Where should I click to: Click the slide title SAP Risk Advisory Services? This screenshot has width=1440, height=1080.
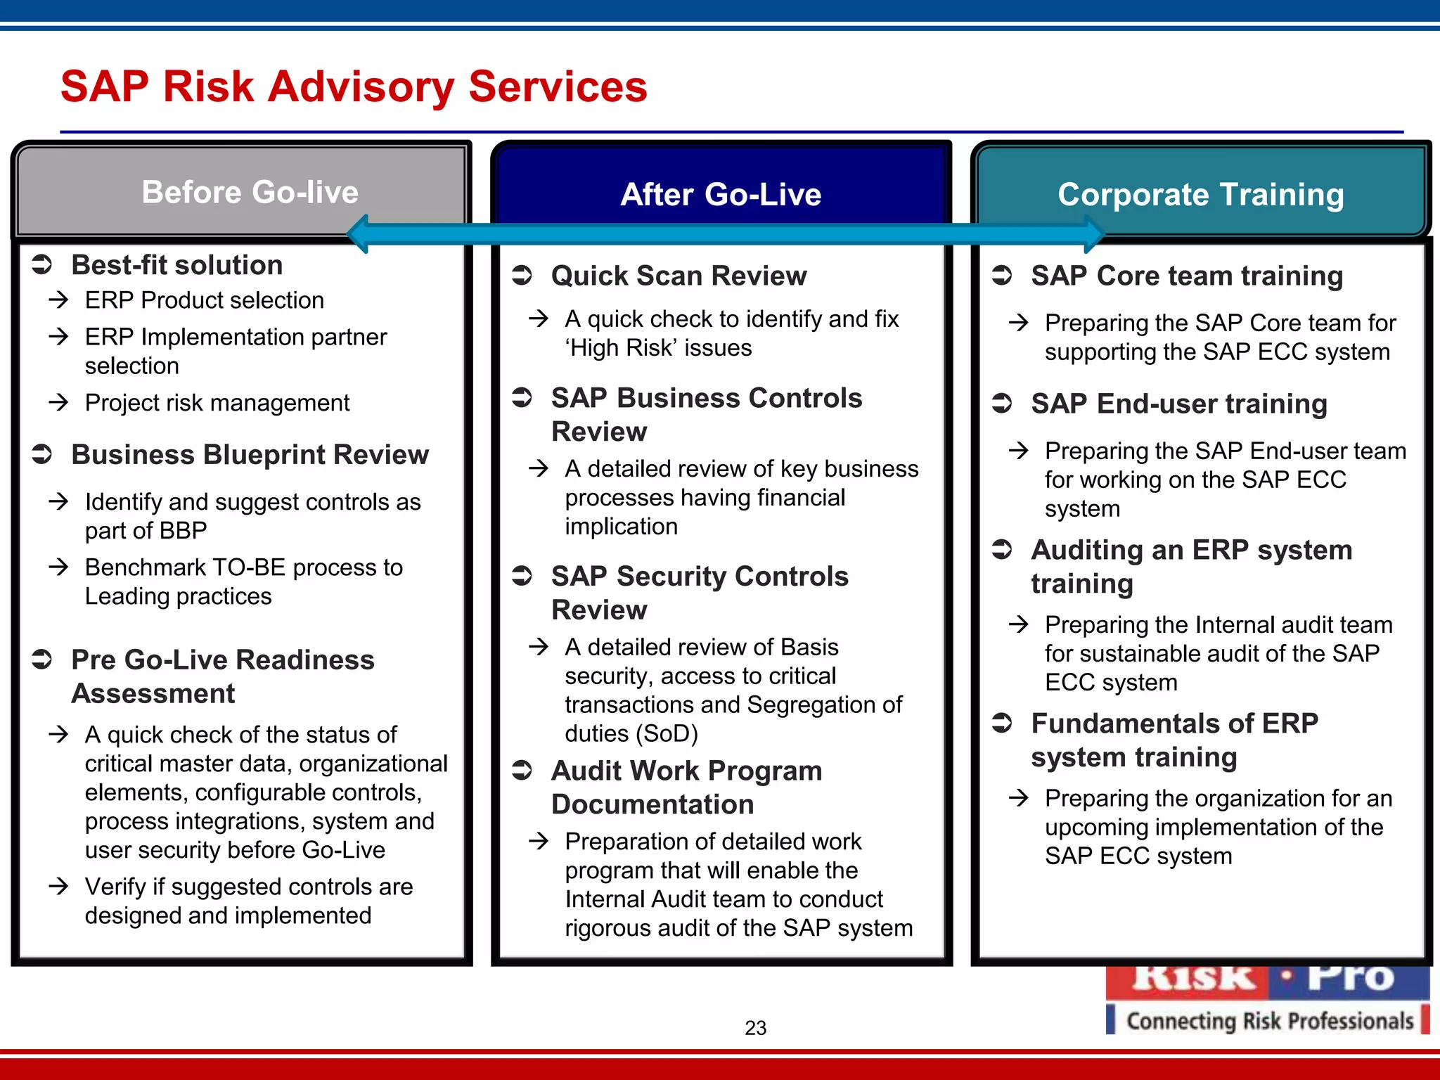tap(354, 86)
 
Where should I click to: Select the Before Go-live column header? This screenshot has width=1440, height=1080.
tap(250, 192)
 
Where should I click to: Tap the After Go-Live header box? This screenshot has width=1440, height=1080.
tap(721, 194)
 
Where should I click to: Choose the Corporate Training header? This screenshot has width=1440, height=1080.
tap(1200, 194)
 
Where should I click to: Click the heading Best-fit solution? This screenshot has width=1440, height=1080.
tap(177, 265)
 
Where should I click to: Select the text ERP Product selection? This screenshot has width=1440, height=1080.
tap(204, 300)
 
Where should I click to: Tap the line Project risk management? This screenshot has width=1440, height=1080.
tap(217, 403)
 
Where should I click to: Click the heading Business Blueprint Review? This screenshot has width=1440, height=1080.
tap(250, 455)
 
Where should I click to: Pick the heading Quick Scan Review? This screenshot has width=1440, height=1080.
tap(679, 276)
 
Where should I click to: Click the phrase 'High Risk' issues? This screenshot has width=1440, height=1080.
tap(658, 348)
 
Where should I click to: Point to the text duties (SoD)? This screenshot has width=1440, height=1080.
tap(631, 733)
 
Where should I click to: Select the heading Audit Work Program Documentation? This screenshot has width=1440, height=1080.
tap(686, 787)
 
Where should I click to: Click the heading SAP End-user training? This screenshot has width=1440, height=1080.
tap(1179, 404)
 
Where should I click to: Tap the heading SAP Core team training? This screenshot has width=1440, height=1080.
tap(1187, 276)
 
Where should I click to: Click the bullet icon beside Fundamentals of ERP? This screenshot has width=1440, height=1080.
tap(1001, 723)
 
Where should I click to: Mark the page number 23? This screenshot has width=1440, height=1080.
tap(755, 1028)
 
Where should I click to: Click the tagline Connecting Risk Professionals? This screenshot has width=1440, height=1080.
tap(1269, 1021)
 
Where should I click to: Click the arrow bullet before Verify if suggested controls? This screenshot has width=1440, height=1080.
tap(59, 886)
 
